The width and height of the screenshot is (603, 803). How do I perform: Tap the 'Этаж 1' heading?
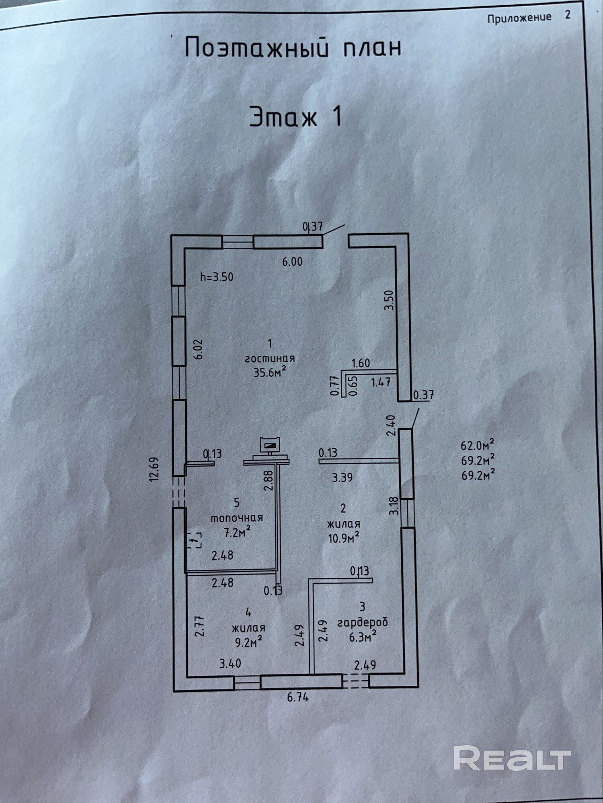coord(296,117)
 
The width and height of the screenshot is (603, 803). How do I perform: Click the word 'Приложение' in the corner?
coord(519,18)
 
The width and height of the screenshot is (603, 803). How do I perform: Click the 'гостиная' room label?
coord(270,358)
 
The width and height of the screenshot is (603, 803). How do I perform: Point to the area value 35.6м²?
coord(270,372)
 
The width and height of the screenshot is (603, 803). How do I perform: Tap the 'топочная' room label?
coord(237,518)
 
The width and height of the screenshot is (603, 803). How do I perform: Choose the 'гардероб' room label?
coord(363,622)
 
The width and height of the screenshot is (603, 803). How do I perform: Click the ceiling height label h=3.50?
coord(217,277)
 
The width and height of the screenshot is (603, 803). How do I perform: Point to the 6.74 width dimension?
coord(298,697)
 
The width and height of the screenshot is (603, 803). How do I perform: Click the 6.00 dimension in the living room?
coord(292,262)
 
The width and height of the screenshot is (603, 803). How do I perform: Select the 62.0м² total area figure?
coord(478,445)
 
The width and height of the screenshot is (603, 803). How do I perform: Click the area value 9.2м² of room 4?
coord(249,643)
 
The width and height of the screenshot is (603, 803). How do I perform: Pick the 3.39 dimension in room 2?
coord(342,478)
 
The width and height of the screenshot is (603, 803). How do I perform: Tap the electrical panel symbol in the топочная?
coord(195,541)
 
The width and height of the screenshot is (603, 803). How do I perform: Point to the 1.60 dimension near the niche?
coord(361,363)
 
